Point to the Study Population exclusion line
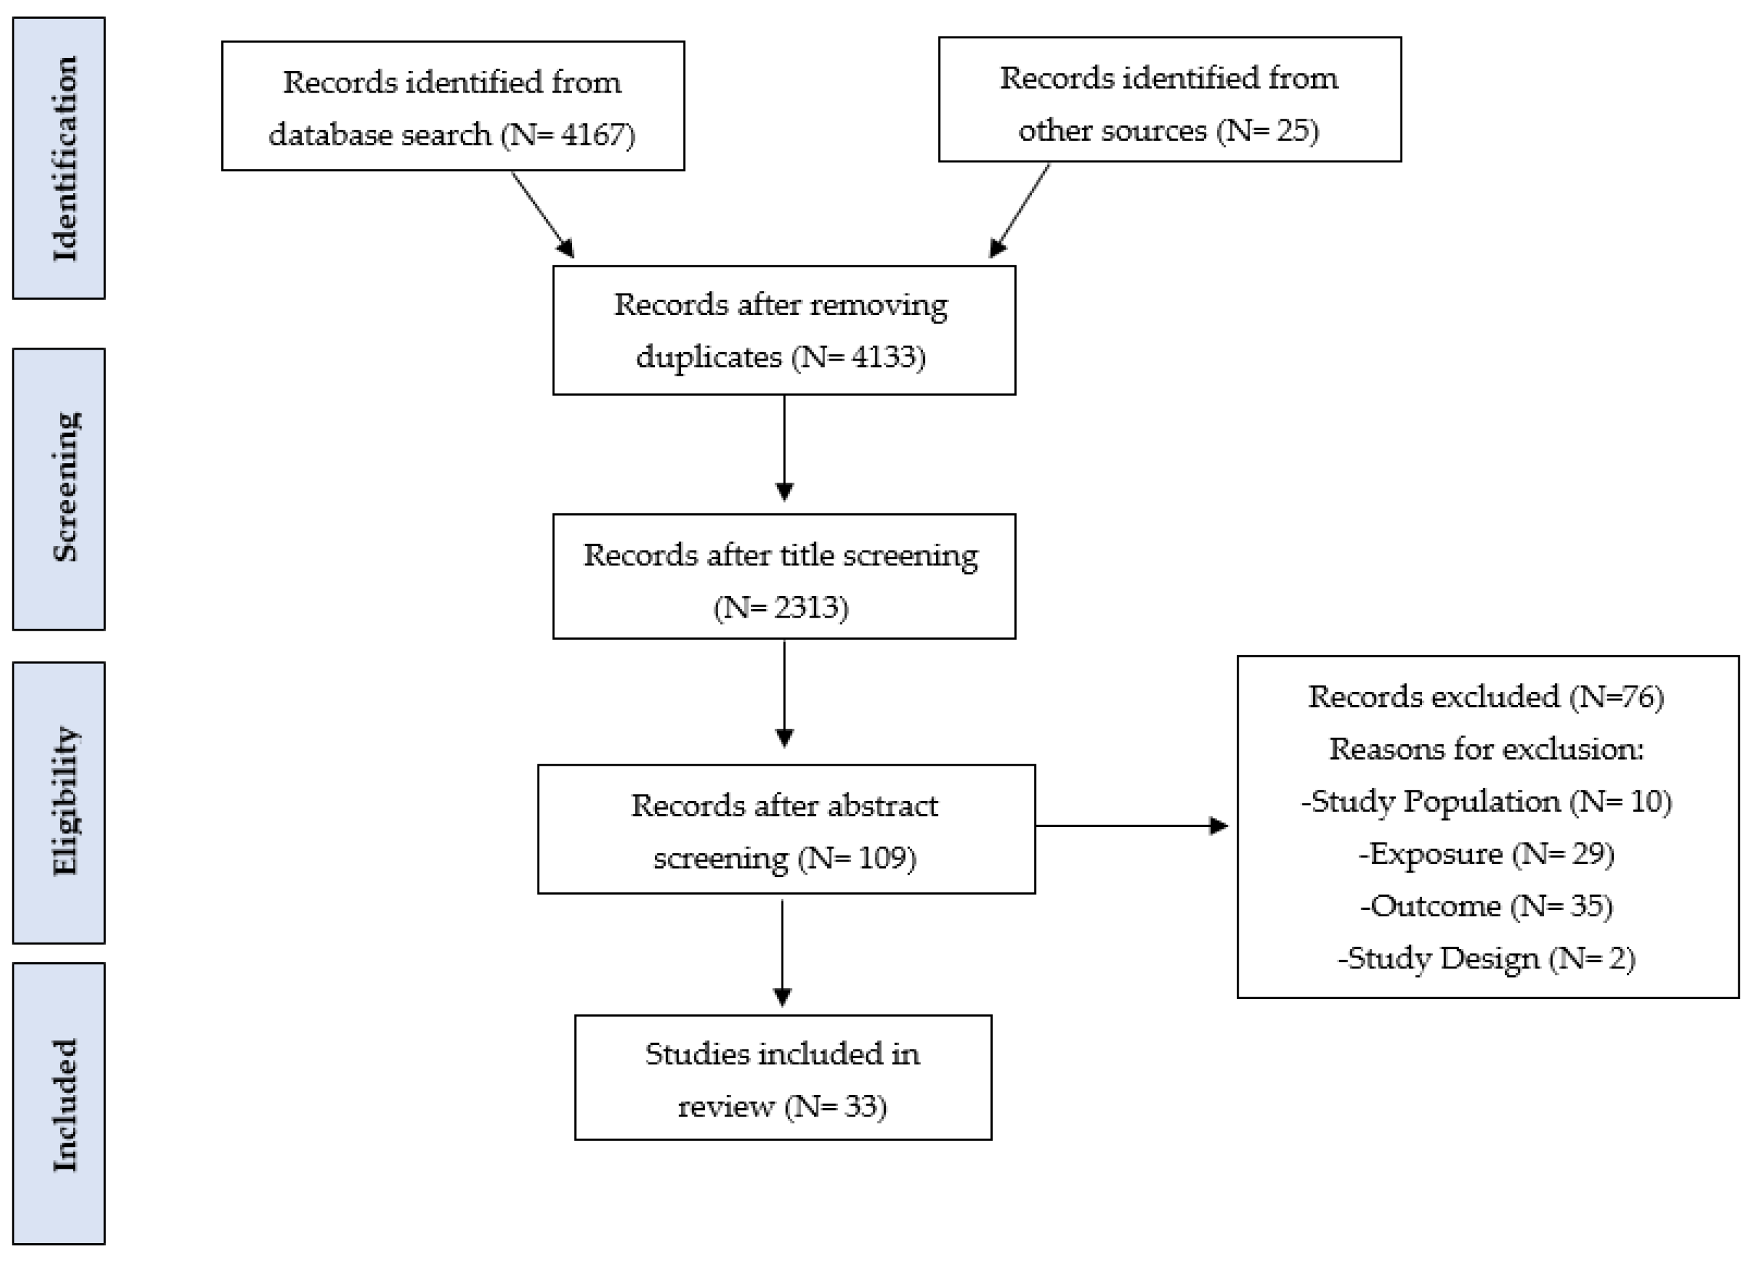click(x=1485, y=801)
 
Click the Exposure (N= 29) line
click(x=1485, y=854)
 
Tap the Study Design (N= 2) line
click(x=1485, y=958)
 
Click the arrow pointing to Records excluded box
click(x=1133, y=826)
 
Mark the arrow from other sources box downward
click(x=1020, y=210)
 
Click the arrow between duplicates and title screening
click(x=784, y=449)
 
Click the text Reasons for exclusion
click(x=1485, y=749)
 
